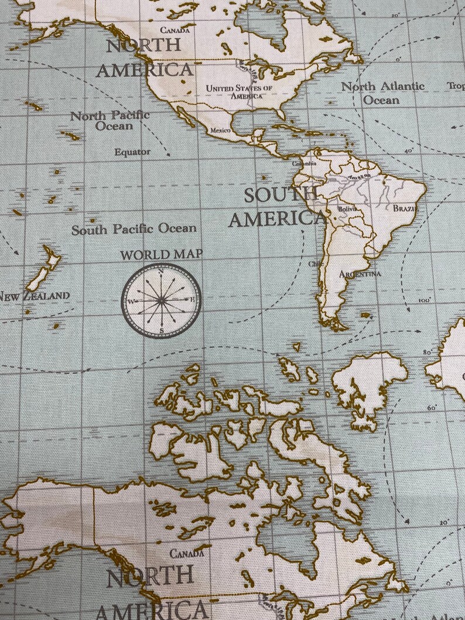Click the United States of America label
click(238, 91)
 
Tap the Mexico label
click(220, 130)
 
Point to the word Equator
click(132, 152)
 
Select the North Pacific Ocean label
click(110, 121)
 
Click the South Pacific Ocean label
click(134, 229)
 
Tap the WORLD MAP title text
click(162, 255)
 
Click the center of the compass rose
click(161, 300)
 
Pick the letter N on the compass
click(161, 271)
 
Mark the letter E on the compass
click(192, 301)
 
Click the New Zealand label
click(34, 296)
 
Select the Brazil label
click(405, 208)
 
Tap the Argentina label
click(360, 274)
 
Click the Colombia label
click(303, 164)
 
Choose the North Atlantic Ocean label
click(383, 93)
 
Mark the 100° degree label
click(424, 300)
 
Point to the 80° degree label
click(428, 352)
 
